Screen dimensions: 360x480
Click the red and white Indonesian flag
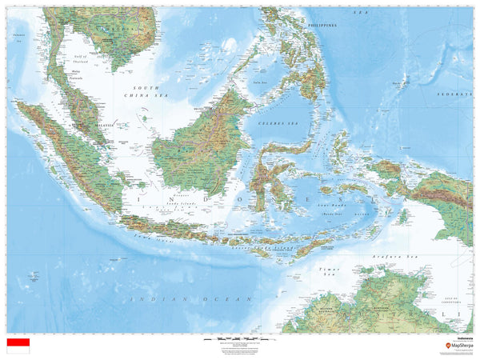pos(18,346)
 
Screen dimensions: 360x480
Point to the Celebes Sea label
pos(276,124)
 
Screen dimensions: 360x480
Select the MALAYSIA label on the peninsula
pos(102,125)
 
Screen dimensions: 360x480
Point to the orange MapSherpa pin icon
pos(448,346)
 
